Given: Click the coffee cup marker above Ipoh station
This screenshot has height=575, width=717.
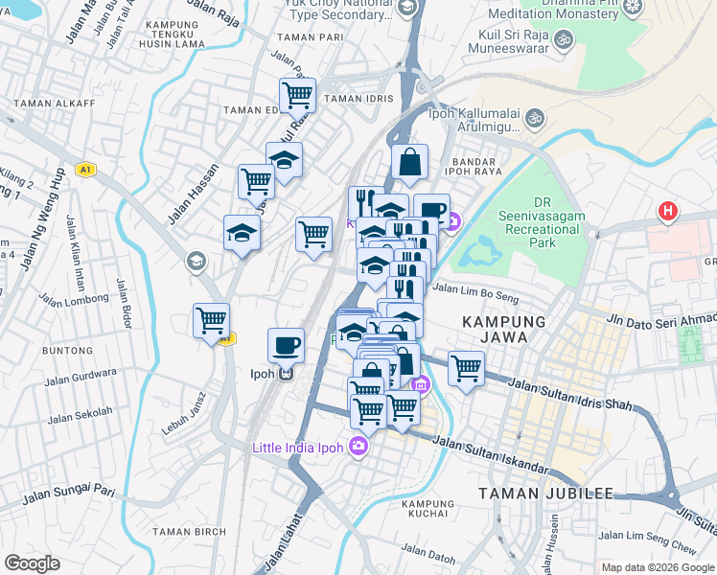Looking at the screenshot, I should coord(285,344).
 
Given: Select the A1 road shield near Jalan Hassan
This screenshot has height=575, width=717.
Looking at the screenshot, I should coord(86,170).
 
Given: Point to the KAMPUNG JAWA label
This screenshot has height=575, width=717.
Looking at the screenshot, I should coord(504,330).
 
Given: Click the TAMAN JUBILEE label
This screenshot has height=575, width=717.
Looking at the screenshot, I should coord(546,494).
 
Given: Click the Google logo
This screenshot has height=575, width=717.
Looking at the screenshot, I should coord(32,563).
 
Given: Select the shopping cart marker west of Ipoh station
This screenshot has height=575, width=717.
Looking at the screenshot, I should coord(211,320).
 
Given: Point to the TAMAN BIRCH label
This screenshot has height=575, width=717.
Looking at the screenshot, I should coord(190,532).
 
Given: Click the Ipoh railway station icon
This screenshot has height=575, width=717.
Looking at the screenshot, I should coord(285,375).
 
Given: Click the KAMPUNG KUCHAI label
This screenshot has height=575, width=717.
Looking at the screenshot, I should coord(428,509).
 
